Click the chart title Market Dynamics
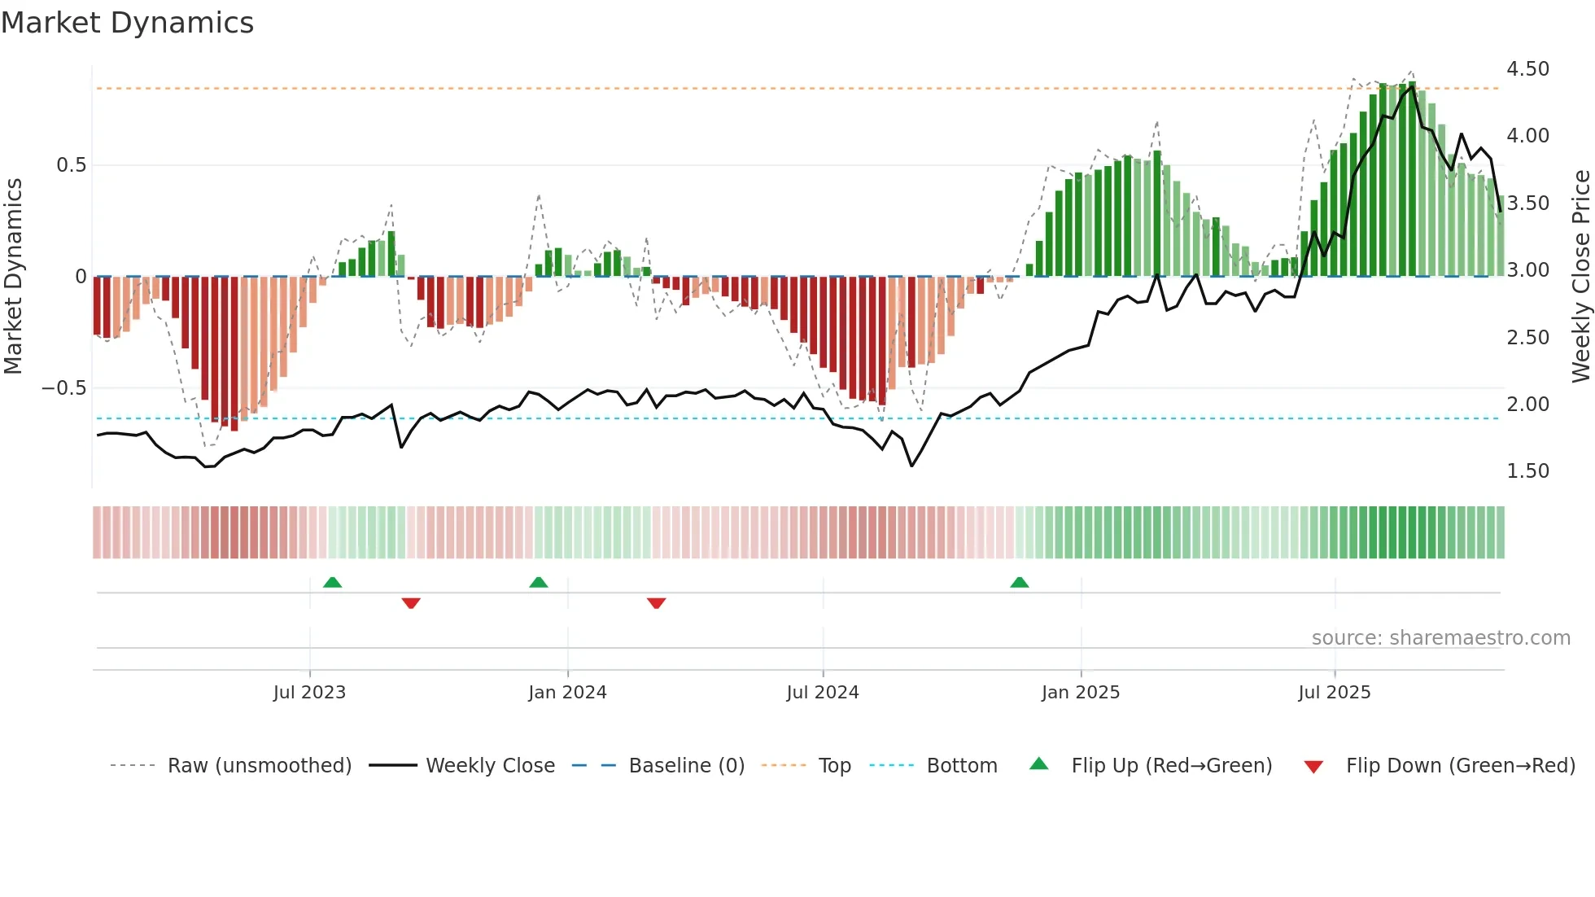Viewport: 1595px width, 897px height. point(128,23)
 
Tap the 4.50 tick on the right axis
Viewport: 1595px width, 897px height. point(1527,69)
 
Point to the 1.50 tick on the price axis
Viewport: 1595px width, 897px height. point(1527,471)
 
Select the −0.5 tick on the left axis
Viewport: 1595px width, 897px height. point(63,388)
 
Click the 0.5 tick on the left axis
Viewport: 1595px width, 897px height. point(71,165)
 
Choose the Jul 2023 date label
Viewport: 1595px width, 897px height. point(309,693)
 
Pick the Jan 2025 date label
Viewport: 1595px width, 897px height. point(1080,693)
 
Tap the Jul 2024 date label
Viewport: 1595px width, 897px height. point(822,693)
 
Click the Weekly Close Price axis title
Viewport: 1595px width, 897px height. point(1580,277)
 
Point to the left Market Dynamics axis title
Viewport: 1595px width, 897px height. point(13,277)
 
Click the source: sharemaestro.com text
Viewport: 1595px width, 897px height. point(1440,638)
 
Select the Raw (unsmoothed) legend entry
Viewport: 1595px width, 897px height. point(259,766)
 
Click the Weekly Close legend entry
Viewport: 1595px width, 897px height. point(490,766)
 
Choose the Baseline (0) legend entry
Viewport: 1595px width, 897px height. point(686,766)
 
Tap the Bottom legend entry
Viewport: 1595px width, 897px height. point(961,766)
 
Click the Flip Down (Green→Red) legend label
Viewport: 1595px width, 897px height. point(1460,766)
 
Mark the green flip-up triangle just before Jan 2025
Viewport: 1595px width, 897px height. point(1019,582)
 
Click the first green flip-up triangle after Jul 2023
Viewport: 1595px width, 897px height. point(332,582)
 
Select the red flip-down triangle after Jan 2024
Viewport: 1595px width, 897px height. point(656,603)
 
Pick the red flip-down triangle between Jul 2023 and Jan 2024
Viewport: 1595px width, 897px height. point(411,603)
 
